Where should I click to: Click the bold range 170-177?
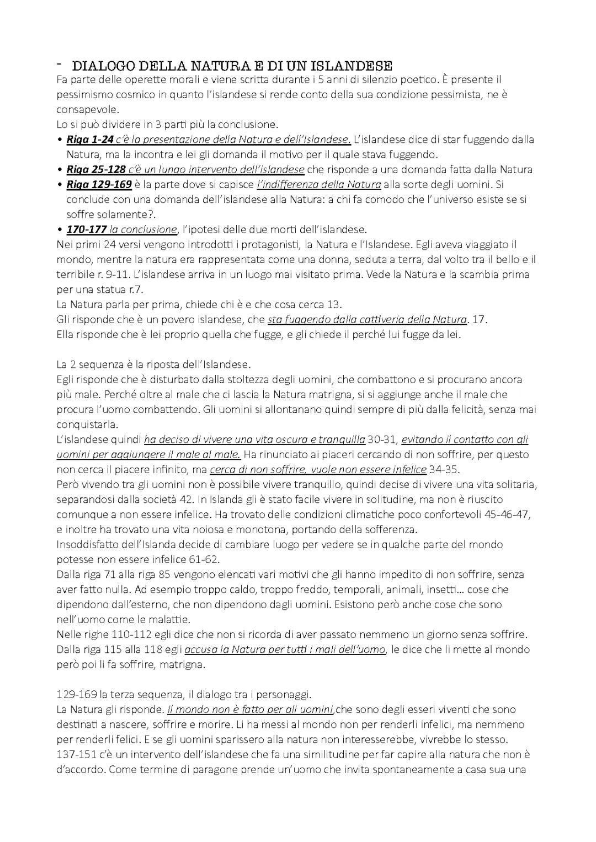coord(86,229)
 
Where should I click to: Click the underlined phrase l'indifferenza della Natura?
coord(319,184)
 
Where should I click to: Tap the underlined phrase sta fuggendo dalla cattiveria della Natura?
coord(367,319)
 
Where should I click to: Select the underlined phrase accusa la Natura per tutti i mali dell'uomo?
coord(285,649)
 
